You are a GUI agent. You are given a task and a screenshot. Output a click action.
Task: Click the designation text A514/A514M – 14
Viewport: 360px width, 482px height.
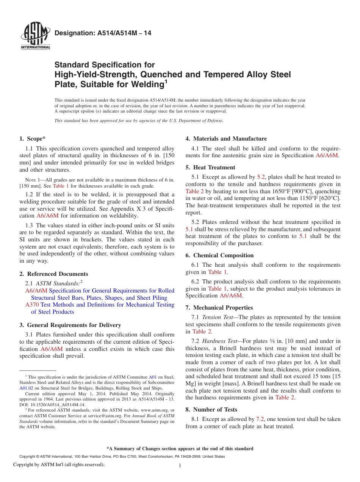click(x=103, y=33)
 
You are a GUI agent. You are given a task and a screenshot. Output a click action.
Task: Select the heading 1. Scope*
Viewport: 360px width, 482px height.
click(x=33, y=139)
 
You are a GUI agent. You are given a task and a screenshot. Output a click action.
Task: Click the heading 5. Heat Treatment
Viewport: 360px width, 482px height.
click(x=210, y=167)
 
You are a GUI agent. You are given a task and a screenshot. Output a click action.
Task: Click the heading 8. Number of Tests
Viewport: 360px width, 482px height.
click(x=211, y=410)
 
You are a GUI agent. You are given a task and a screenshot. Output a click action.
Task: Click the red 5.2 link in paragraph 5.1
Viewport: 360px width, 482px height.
click(x=261, y=177)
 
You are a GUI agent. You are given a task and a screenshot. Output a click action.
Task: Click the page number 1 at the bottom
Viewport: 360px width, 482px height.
click(x=180, y=466)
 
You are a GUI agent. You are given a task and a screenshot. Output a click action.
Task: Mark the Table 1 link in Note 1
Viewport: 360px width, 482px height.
click(x=61, y=186)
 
